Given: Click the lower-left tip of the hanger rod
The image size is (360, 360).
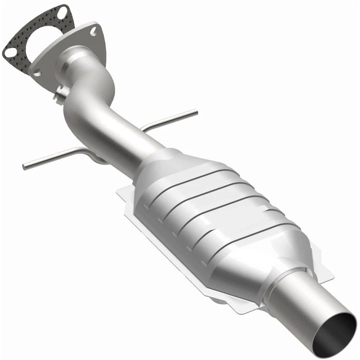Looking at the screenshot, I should (25, 166).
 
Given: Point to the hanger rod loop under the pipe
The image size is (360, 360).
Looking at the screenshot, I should (97, 159).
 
